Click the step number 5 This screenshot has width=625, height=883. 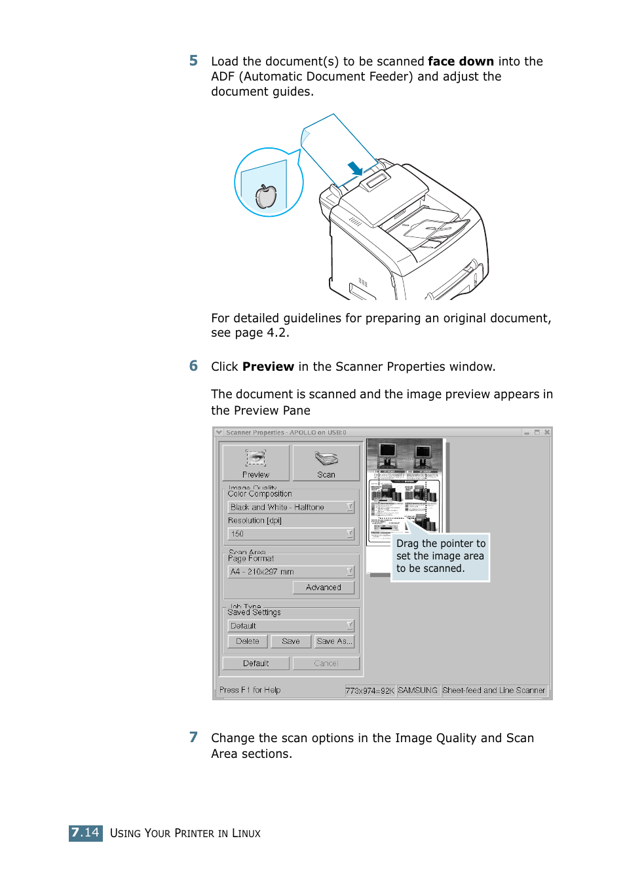click(193, 61)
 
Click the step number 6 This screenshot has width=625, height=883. click(193, 366)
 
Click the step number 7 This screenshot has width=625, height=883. click(193, 738)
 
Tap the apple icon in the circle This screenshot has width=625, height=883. click(266, 196)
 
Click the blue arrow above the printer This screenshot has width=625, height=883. click(355, 168)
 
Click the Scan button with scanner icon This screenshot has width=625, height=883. click(326, 463)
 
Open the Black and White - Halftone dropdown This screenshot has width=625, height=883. click(291, 508)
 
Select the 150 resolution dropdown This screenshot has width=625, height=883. click(291, 534)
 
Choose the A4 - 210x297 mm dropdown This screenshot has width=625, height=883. click(291, 572)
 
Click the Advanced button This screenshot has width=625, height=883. click(323, 588)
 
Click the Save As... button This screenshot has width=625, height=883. click(334, 641)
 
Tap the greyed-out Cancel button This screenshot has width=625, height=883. click(326, 664)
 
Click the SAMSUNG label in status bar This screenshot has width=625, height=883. click(417, 690)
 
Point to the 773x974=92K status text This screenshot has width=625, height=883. click(370, 690)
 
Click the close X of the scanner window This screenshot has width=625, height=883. click(547, 432)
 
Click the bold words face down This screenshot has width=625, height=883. click(461, 62)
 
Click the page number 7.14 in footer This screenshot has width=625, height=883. click(86, 833)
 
